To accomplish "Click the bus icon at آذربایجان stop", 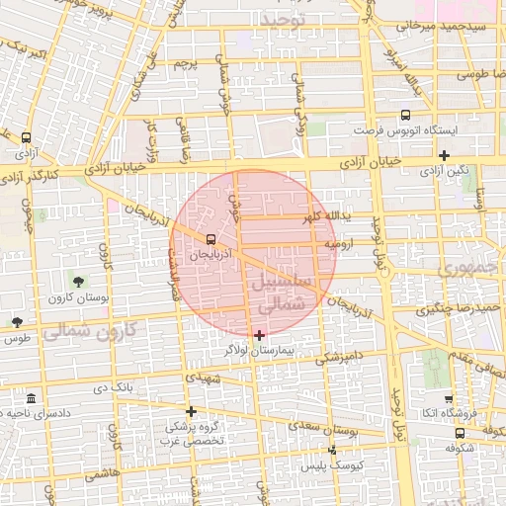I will pos(211,239).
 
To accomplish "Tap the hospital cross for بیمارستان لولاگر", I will pos(259,336).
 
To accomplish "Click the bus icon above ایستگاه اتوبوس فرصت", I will pos(405,116).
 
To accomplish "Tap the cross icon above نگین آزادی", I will pos(445,155).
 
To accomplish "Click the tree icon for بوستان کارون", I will pos(78,284).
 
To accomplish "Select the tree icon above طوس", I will pos(17,322).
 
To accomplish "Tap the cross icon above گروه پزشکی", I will pos(191,411).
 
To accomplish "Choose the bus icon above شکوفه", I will pos(460,433).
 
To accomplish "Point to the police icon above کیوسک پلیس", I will pos(332,451).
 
